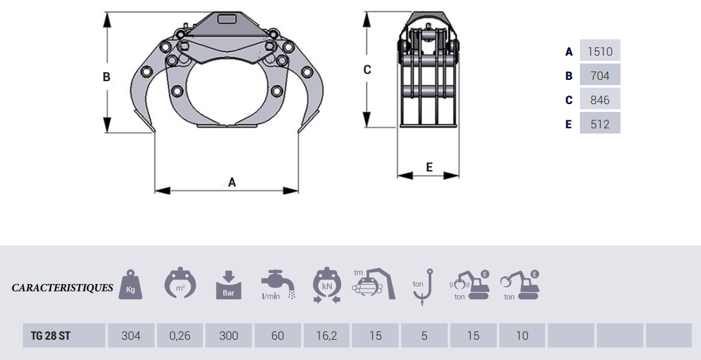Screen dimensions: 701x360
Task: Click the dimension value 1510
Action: click(600, 52)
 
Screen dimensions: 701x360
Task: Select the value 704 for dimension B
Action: click(600, 75)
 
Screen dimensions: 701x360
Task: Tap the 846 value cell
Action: click(600, 99)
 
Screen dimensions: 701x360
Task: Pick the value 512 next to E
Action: click(600, 124)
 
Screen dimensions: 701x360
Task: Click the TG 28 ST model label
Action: click(50, 335)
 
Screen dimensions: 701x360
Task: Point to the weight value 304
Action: click(131, 335)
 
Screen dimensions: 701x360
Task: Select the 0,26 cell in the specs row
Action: click(180, 335)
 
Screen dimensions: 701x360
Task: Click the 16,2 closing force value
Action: click(327, 335)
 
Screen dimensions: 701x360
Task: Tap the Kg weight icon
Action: click(130, 285)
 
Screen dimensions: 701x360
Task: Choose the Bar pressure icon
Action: click(228, 285)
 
